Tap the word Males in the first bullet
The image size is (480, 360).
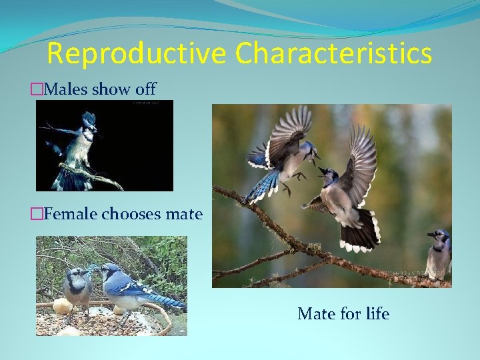click(x=65, y=89)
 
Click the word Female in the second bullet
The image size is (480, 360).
click(x=70, y=214)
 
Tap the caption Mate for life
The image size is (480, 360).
click(x=343, y=313)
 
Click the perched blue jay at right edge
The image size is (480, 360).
click(x=439, y=253)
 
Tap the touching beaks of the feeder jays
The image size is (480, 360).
click(x=95, y=270)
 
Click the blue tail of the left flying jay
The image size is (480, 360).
click(x=260, y=187)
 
